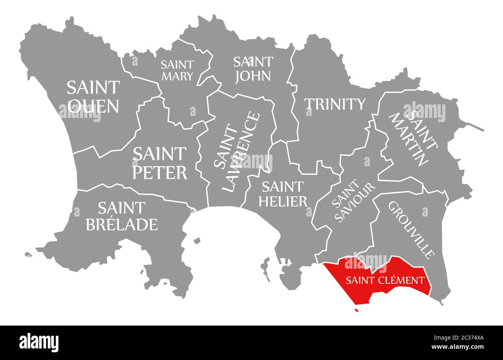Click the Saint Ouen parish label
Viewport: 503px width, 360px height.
click(93, 97)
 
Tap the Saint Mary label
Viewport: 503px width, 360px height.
click(177, 70)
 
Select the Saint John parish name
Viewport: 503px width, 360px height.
click(253, 68)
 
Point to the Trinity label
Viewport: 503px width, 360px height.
click(335, 104)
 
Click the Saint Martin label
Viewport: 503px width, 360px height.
click(413, 137)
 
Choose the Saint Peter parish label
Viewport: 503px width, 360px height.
click(160, 163)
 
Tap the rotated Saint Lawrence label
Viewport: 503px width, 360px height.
click(236, 152)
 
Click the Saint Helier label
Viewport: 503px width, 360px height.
click(284, 194)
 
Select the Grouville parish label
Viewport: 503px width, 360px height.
click(411, 229)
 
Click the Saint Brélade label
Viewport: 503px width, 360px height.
click(121, 216)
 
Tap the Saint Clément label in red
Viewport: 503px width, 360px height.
click(385, 280)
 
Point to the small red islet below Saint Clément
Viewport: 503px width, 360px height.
click(356, 310)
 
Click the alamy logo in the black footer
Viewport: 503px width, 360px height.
click(39, 342)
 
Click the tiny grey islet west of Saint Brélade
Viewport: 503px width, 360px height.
click(28, 255)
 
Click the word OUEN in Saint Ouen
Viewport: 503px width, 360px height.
click(93, 106)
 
